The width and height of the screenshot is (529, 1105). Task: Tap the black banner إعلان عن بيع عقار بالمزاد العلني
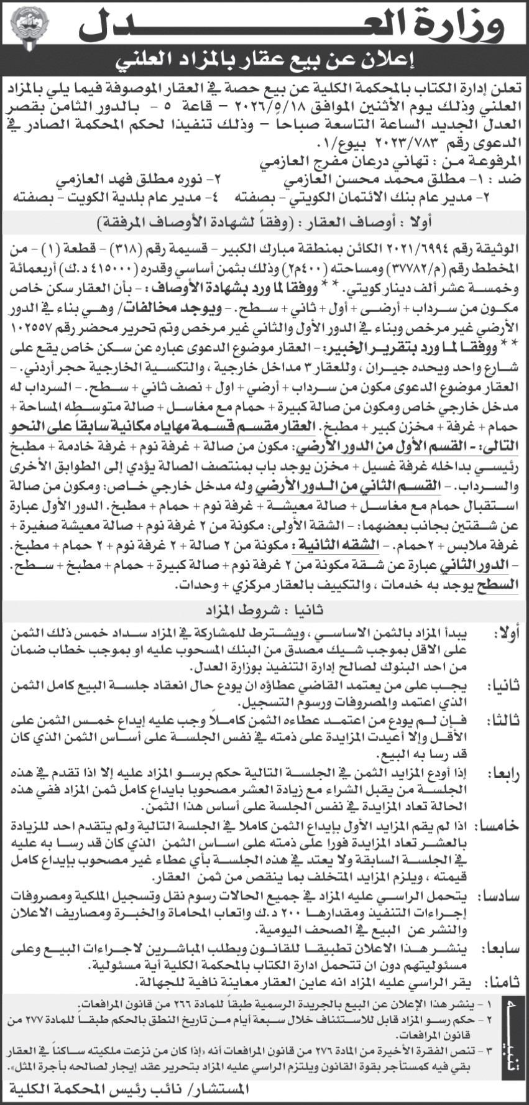[264, 60]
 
